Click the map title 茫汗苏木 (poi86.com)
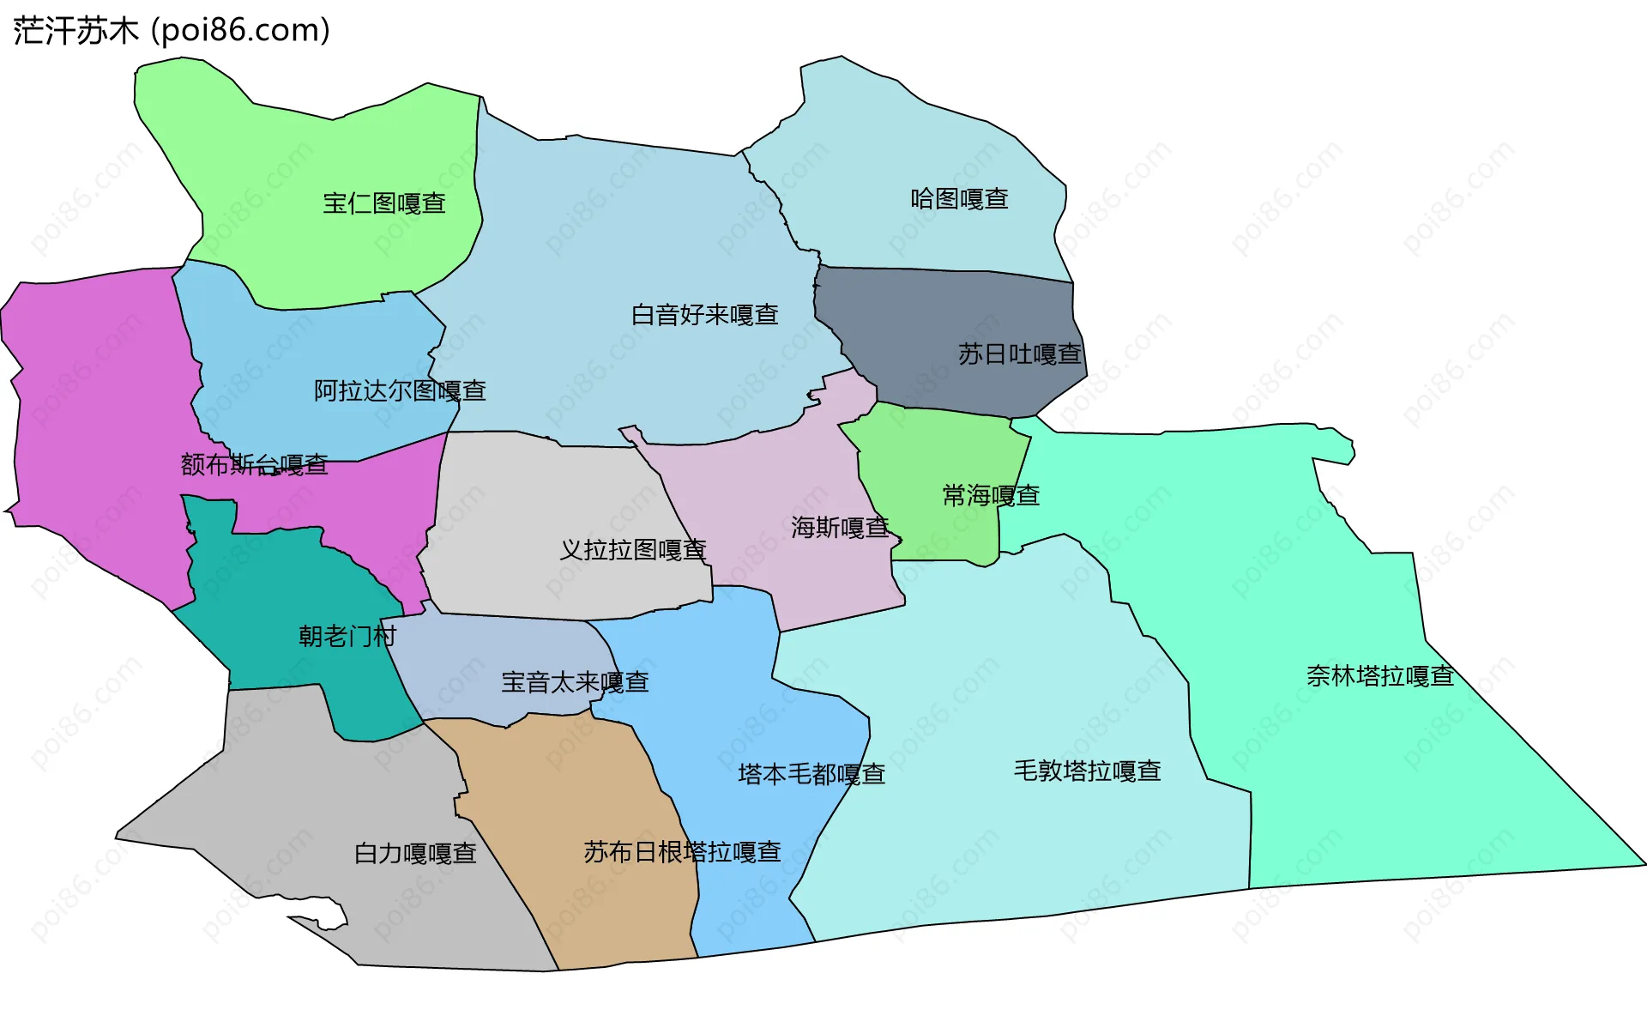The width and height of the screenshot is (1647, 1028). (x=172, y=31)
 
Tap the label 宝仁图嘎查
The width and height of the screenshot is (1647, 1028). (x=384, y=203)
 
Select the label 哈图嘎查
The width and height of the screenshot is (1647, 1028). (x=959, y=199)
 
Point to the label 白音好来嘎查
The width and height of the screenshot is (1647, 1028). (x=705, y=315)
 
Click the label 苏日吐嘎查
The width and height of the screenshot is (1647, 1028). (x=1019, y=354)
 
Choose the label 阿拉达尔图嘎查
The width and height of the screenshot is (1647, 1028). (x=400, y=391)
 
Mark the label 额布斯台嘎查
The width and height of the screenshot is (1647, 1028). (x=255, y=465)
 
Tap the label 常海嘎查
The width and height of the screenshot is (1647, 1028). (x=991, y=495)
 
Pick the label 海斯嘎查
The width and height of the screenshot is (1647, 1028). (x=840, y=527)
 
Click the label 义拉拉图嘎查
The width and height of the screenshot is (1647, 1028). (x=633, y=550)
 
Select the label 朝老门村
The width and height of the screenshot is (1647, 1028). (x=347, y=636)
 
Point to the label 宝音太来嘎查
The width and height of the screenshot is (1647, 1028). (x=575, y=682)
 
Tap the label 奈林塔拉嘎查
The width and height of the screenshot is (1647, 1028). (x=1379, y=676)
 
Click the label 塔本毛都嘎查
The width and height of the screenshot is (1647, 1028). (x=811, y=774)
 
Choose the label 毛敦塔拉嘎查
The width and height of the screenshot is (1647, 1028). (x=1087, y=771)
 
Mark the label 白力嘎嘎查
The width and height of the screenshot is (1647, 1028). (x=415, y=853)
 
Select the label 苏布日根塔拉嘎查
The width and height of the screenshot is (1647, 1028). (x=682, y=852)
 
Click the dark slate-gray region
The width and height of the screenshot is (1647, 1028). (x=944, y=309)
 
